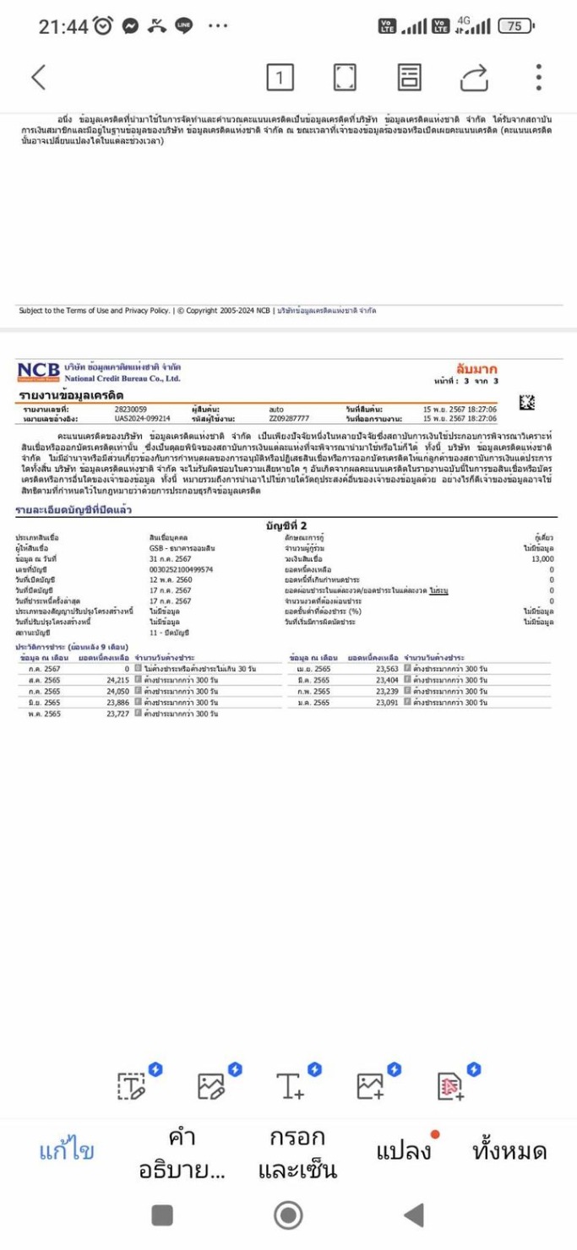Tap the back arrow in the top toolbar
tap(38, 77)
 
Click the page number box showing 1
tap(280, 78)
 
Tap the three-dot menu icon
tap(538, 77)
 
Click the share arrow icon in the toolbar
tap(474, 78)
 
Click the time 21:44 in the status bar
tap(63, 27)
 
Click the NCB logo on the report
tap(38, 370)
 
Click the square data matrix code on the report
tap(527, 403)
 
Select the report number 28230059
tap(131, 409)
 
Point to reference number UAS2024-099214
tap(143, 418)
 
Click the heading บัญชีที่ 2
tap(286, 525)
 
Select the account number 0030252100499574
tap(182, 569)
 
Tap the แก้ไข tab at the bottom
tap(67, 1150)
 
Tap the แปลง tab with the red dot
tap(404, 1150)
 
